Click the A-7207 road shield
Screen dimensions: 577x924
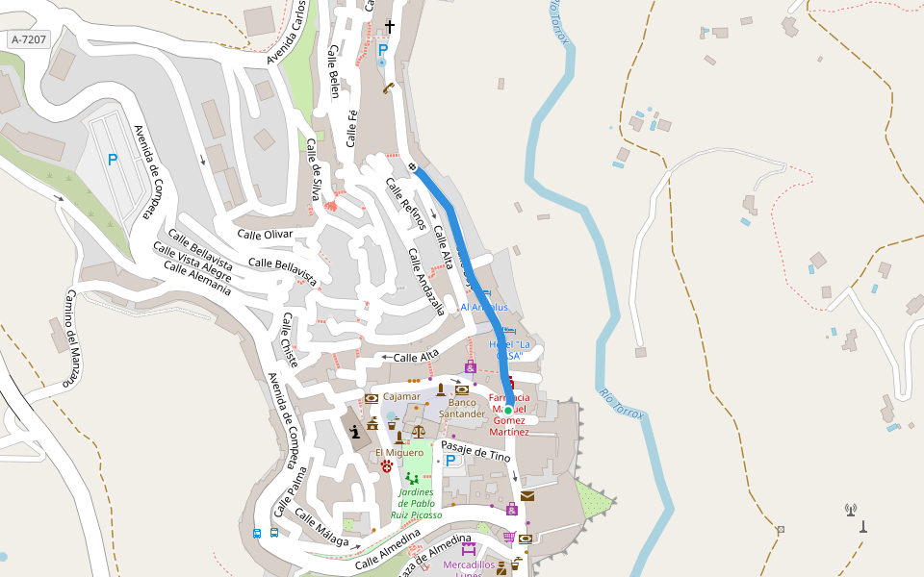[x=28, y=39]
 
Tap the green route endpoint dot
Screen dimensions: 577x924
[x=508, y=411]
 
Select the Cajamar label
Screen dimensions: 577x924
[x=401, y=396]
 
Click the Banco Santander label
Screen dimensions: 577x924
[x=462, y=408]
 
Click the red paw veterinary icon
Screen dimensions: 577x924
[x=386, y=466]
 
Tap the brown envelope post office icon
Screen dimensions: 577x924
[x=526, y=496]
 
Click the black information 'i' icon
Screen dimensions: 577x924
[x=358, y=432]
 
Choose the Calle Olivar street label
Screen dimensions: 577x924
[x=265, y=234]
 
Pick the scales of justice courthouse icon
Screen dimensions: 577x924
[x=418, y=432]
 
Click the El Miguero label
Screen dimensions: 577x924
[x=398, y=452]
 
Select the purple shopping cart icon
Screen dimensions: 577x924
[x=509, y=538]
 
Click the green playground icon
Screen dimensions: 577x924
[x=412, y=478]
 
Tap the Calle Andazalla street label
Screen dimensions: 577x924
[x=425, y=282]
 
